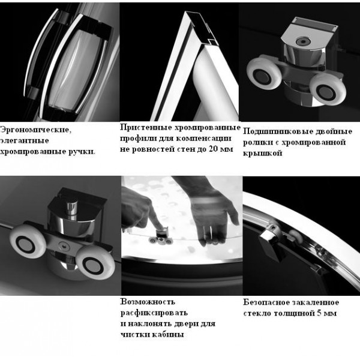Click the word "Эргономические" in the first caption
coord(35,130)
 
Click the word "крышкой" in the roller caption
coord(262,153)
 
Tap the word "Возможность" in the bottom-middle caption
coord(148,302)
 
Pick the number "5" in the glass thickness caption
coord(319,313)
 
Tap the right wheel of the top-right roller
coord(328,89)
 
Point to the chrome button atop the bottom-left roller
coord(71,208)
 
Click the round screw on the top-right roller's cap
coord(303,41)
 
